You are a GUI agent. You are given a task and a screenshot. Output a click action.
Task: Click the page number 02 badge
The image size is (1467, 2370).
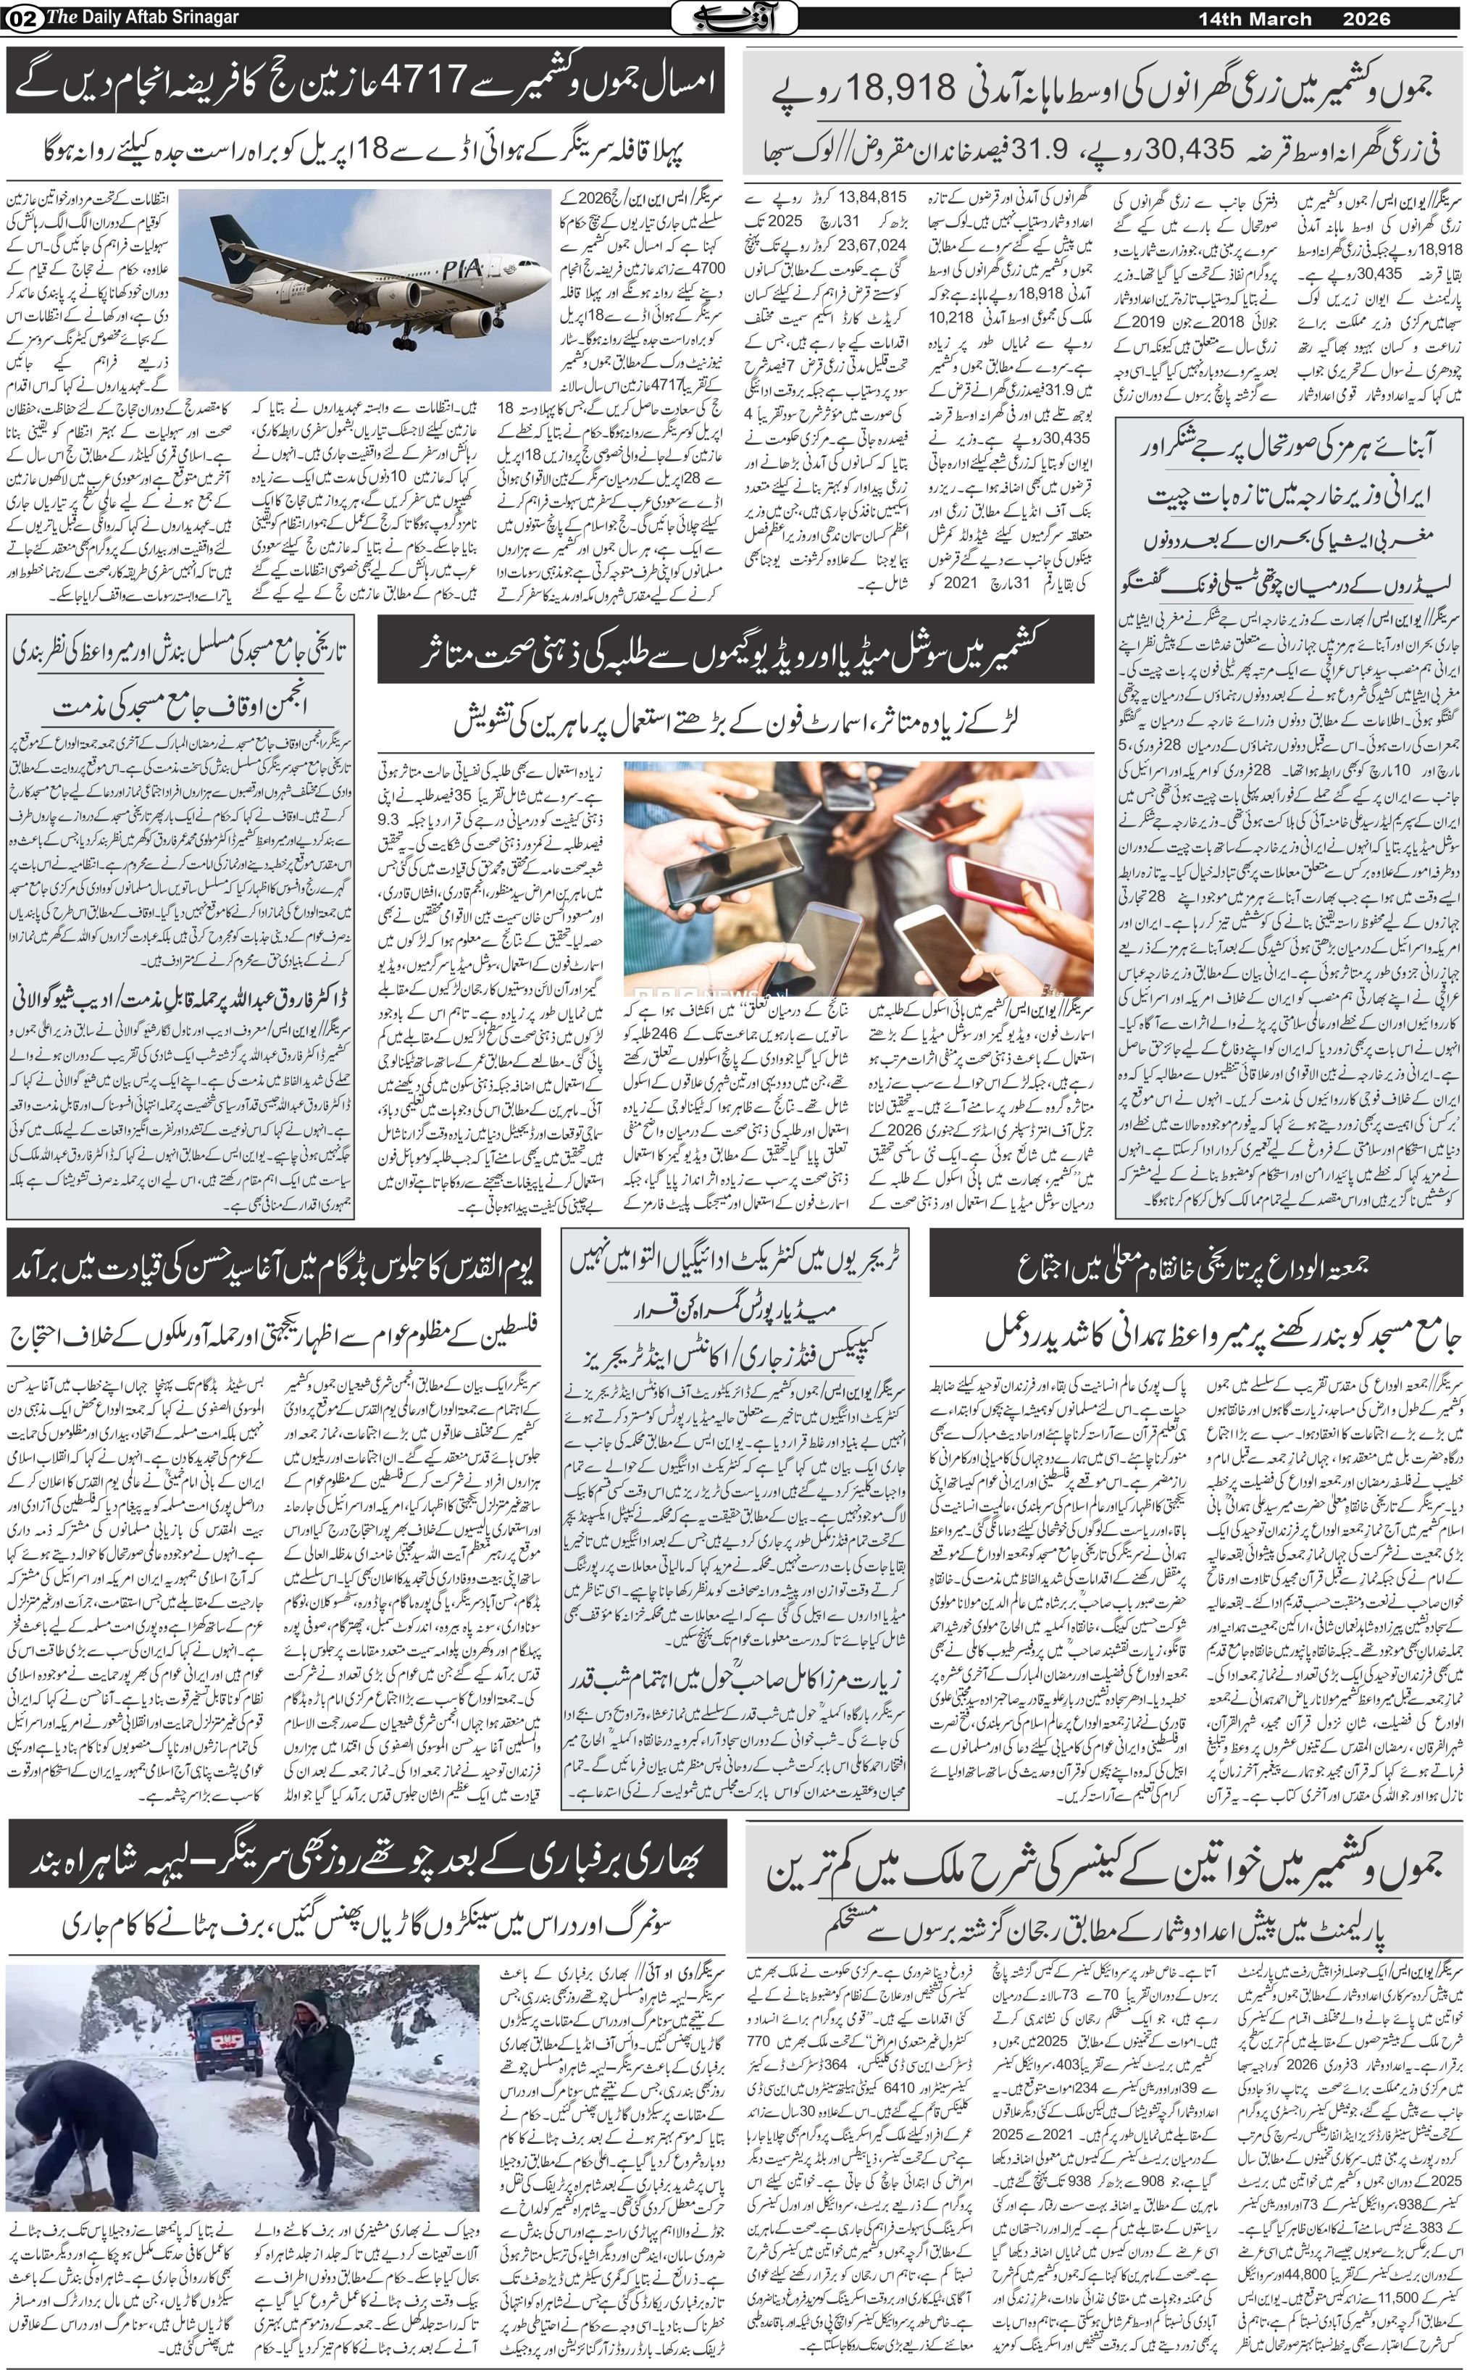point(17,18)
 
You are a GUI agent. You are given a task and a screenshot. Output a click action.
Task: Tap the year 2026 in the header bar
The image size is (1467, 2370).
point(1366,18)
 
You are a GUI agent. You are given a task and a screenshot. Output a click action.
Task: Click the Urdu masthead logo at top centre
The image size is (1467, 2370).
point(735,17)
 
